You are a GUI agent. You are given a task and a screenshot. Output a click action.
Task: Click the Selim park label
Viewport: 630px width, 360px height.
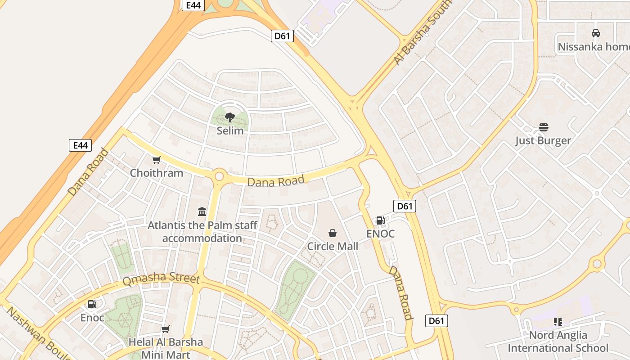[x=230, y=131]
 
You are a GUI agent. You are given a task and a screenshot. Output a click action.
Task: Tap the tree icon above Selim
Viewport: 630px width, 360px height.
[x=230, y=117]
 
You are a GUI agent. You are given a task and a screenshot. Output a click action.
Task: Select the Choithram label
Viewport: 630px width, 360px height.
[x=157, y=173]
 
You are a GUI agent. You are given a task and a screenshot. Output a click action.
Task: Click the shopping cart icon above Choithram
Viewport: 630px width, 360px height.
[x=157, y=160]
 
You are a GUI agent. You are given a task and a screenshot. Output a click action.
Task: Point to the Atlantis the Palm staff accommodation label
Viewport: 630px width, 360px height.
[x=202, y=231]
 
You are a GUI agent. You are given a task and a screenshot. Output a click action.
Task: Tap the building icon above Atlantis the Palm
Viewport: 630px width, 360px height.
[x=202, y=211]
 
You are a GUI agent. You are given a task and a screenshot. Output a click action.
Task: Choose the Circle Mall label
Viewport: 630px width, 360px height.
[x=333, y=246]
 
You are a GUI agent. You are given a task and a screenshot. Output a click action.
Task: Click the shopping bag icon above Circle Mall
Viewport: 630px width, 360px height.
[x=333, y=233]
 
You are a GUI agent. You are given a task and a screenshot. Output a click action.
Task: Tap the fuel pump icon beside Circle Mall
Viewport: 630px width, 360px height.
[x=380, y=220]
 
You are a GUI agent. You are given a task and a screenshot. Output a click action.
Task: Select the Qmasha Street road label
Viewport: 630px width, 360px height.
[x=161, y=279]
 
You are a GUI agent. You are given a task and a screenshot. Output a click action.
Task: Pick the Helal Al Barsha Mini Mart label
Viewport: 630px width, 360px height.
[x=166, y=348]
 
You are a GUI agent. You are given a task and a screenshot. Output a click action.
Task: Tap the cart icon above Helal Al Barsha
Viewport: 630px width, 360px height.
[x=166, y=329]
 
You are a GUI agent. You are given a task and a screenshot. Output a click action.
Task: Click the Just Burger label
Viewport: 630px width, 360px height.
[x=543, y=140]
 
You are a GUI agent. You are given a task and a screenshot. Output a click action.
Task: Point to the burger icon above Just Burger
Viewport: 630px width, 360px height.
[x=543, y=127]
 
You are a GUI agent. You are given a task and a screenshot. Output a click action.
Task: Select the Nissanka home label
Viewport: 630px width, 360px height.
[x=594, y=47]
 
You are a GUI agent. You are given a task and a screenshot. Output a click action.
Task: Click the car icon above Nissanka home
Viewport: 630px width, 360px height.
[x=596, y=33]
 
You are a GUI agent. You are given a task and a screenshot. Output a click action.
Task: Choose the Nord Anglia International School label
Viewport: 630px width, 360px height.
[x=558, y=342]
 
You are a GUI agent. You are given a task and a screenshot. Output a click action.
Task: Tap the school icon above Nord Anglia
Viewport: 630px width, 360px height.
[x=558, y=322]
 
